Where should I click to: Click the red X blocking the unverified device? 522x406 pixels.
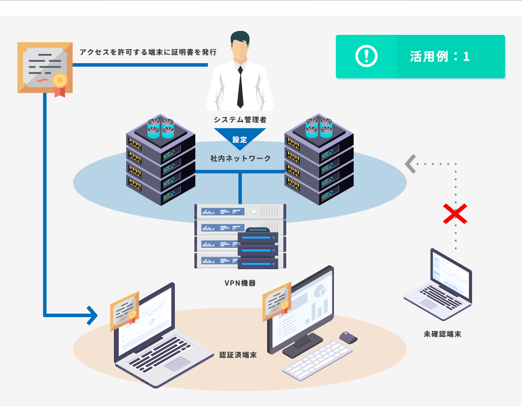point(455,214)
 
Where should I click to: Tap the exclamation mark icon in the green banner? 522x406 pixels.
point(366,56)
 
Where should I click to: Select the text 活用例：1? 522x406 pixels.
point(440,57)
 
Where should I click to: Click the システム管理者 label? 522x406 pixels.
point(240,119)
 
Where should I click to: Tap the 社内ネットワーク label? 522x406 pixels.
point(240,159)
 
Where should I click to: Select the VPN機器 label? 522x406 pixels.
point(240,283)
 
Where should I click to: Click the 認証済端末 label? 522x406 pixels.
point(238,355)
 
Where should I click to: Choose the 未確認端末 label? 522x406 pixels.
point(442,335)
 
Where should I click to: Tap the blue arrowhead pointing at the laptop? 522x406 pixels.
point(92,315)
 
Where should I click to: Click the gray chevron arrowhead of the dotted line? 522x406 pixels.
point(410,164)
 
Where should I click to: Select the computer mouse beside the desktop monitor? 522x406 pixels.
point(348,337)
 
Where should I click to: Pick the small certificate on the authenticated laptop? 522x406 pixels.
point(124,311)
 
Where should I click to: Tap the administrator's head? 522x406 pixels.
point(240,46)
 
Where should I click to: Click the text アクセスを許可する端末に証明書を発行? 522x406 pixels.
point(148,52)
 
